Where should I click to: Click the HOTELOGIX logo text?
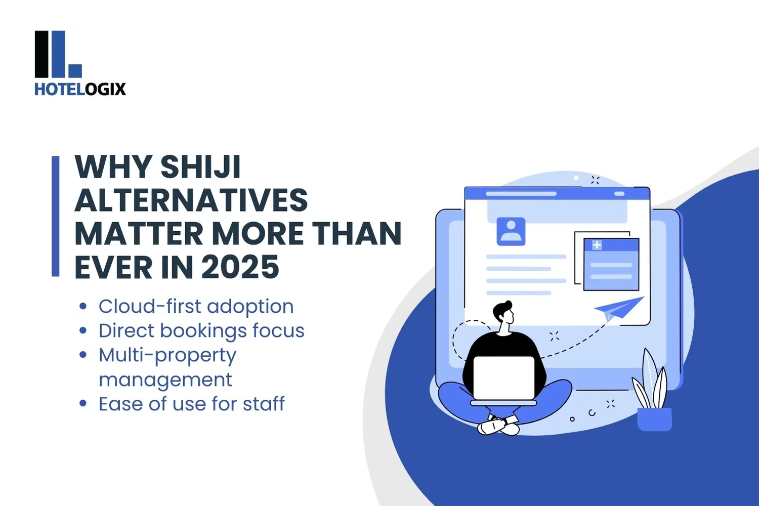[80, 89]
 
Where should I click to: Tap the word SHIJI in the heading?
[200, 167]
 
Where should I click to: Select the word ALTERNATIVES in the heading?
[191, 200]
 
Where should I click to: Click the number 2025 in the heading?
[240, 267]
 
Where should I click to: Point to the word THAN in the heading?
[357, 234]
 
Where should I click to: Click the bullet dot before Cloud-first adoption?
[83, 306]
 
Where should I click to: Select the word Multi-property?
[167, 356]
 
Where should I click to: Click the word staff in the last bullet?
[264, 404]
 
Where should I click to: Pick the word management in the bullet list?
[165, 380]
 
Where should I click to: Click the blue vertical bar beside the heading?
[56, 216]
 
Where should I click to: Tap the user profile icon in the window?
[511, 231]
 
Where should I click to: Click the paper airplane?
[618, 308]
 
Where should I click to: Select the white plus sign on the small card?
[597, 245]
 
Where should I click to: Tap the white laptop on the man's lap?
[503, 377]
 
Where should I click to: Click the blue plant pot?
[654, 419]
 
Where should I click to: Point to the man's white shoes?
[498, 427]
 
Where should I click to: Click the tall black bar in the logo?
[41, 54]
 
